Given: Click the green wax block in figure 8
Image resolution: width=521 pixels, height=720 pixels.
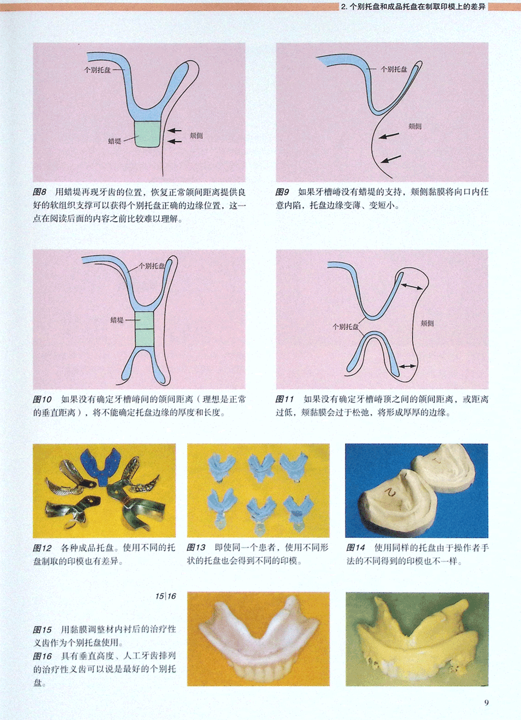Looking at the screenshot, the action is coord(147,134).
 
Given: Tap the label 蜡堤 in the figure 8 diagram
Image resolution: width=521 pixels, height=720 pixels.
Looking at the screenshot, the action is coord(115,141).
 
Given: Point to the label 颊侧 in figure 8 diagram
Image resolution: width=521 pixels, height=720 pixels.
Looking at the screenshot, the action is coord(196,136).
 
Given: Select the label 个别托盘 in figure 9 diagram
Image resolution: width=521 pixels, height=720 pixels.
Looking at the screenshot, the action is coord(394,69).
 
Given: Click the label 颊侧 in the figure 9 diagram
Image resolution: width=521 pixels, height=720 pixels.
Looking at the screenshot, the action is coord(415,126).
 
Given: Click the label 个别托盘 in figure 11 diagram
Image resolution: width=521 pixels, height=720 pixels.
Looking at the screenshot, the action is coord(346,327).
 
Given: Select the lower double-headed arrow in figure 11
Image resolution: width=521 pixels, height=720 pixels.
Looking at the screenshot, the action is coord(407,366).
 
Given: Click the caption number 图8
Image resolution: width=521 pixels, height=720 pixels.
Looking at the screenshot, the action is coord(40,192).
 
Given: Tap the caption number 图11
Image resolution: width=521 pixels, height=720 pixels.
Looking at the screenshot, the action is coord(285,399).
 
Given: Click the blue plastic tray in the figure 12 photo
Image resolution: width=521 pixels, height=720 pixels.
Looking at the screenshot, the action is coord(100,467).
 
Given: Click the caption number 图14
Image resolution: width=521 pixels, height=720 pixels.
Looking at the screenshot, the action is coord(356,547).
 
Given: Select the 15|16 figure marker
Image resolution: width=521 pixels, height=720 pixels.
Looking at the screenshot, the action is coord(166,596).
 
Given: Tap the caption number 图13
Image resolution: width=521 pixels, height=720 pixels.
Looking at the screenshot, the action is coord(196,547).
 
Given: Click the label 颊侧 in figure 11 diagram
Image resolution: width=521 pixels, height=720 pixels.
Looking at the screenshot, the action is coord(427,323).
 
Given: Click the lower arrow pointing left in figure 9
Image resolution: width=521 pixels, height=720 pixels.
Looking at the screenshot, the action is coord(391,159).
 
